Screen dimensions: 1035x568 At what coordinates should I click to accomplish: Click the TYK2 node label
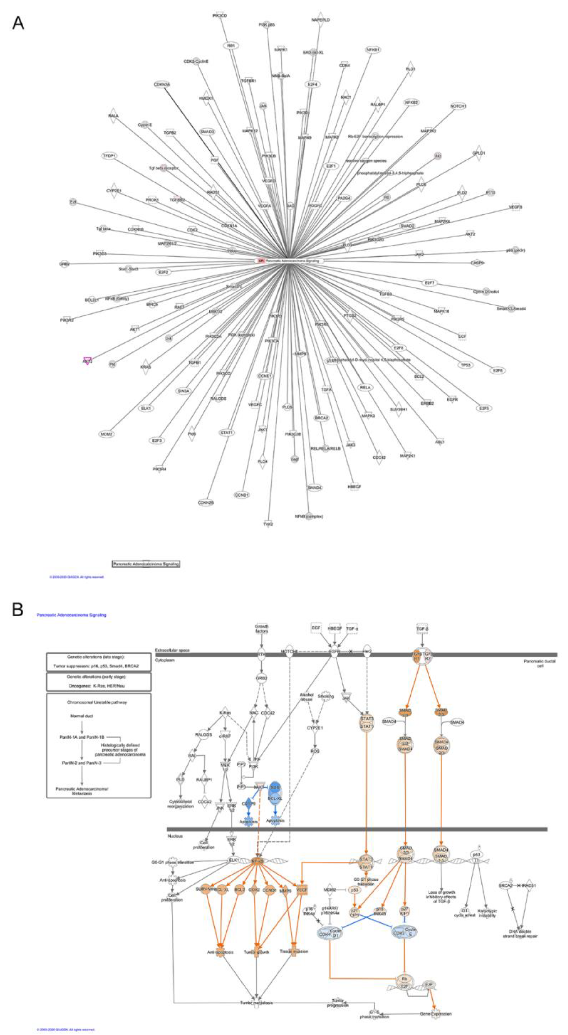[x=268, y=524]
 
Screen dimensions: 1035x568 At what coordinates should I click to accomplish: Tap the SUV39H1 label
[x=398, y=409]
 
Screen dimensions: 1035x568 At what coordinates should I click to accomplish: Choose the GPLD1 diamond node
[x=478, y=153]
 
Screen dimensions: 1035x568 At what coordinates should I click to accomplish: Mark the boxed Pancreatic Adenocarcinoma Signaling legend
[x=146, y=564]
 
